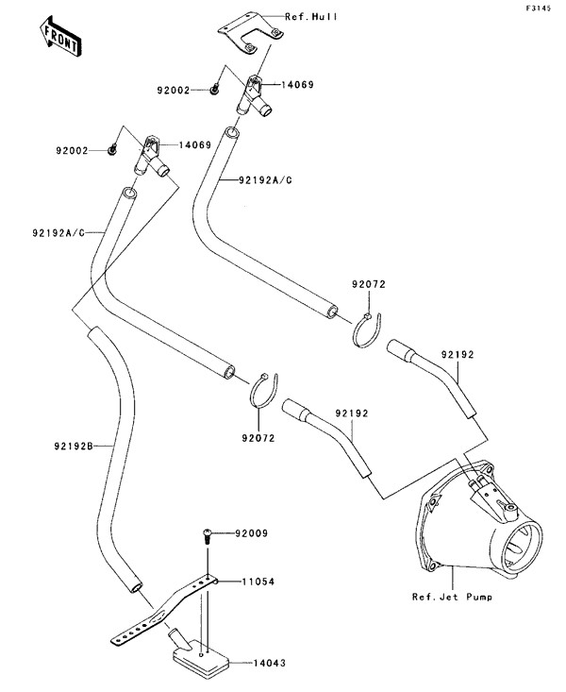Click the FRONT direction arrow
tap(59, 37)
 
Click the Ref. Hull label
tap(311, 17)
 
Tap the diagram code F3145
tap(539, 8)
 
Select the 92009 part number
tap(251, 533)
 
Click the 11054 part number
tap(258, 582)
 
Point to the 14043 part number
tap(269, 663)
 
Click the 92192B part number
tap(74, 447)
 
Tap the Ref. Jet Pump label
tap(452, 597)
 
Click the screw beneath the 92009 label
tap(207, 535)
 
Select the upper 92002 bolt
tap(214, 89)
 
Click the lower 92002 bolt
tap(112, 149)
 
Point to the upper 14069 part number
tap(298, 84)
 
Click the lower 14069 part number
tap(195, 144)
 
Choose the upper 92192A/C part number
tap(266, 180)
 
